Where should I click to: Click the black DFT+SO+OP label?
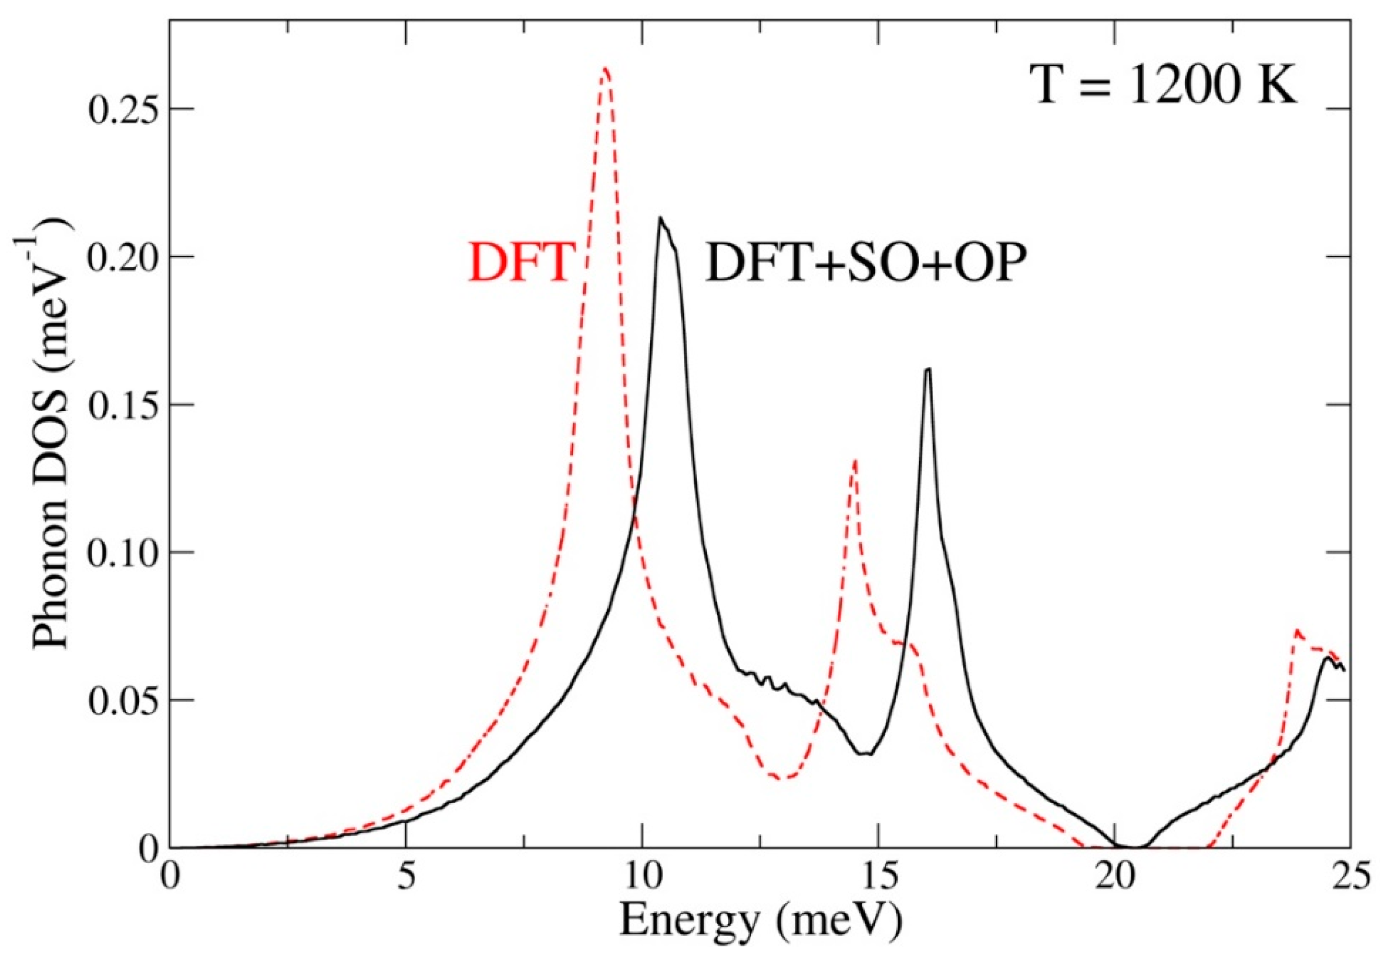click(865, 263)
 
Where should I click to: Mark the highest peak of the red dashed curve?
click(605, 69)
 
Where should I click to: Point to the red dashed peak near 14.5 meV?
click(854, 460)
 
